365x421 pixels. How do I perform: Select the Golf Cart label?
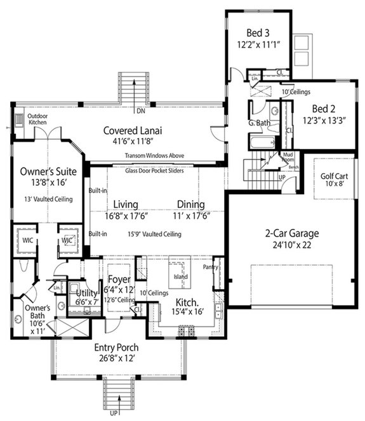334,179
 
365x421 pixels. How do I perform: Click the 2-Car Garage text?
291,233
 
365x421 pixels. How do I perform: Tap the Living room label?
126,204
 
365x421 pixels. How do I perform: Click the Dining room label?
190,204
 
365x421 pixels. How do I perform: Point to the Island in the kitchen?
181,276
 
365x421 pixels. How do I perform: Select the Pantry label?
211,267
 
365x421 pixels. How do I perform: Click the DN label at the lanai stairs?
140,112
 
